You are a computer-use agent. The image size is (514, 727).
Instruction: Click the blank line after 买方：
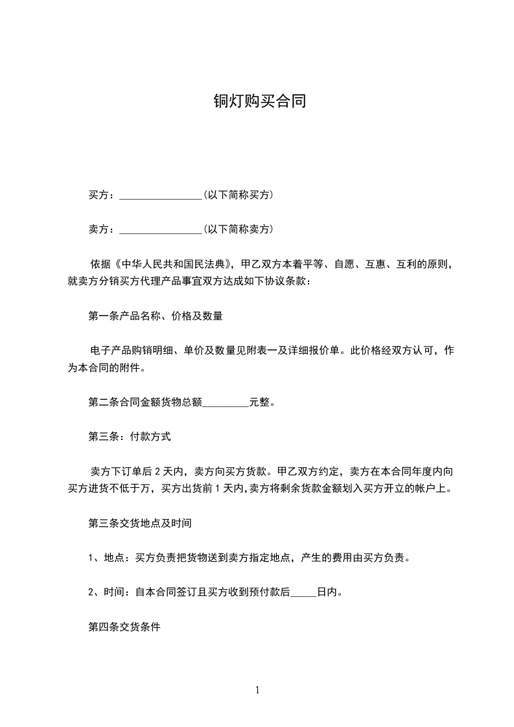pyautogui.click(x=161, y=196)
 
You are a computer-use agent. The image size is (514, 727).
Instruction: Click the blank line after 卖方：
pyautogui.click(x=161, y=230)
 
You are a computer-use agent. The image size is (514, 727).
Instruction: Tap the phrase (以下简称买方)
pyautogui.click(x=238, y=195)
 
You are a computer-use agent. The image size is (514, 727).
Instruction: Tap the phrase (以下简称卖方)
pyautogui.click(x=238, y=229)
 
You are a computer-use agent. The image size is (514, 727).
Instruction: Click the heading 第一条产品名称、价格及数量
pyautogui.click(x=156, y=316)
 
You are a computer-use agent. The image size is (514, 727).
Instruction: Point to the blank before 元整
pyautogui.click(x=226, y=403)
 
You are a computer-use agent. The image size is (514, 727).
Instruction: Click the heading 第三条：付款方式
pyautogui.click(x=130, y=437)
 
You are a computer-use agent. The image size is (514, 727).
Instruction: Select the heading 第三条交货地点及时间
pyautogui.click(x=139, y=522)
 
